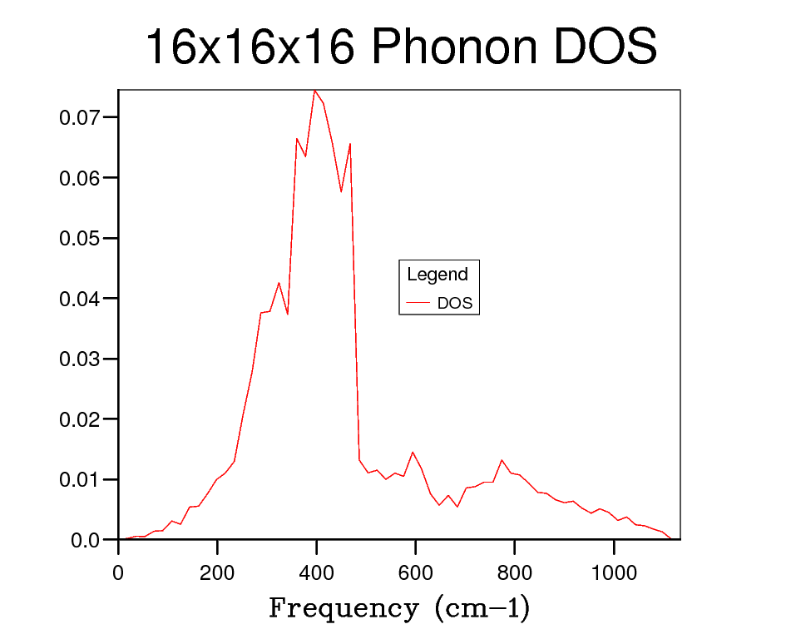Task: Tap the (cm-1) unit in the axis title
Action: tap(482, 608)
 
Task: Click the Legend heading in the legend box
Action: tap(438, 275)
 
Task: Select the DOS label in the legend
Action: tap(455, 304)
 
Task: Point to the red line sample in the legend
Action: tap(418, 304)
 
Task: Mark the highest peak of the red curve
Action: tap(314, 90)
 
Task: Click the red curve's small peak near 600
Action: tap(413, 452)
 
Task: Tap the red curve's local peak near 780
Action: tap(502, 460)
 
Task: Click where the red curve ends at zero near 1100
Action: tap(670, 539)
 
